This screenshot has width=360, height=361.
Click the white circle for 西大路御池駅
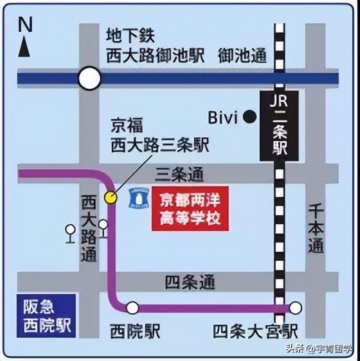click(90, 79)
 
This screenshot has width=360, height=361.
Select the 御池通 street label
click(242, 56)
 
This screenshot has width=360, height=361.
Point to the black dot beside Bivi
click(249, 117)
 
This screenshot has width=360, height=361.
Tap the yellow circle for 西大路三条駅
click(111, 197)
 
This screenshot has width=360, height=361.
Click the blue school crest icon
click(136, 196)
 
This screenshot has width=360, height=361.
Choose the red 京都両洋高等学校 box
click(189, 209)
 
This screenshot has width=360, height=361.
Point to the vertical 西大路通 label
click(88, 228)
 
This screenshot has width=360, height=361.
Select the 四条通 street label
click(190, 281)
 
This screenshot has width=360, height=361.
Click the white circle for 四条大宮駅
click(295, 308)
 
